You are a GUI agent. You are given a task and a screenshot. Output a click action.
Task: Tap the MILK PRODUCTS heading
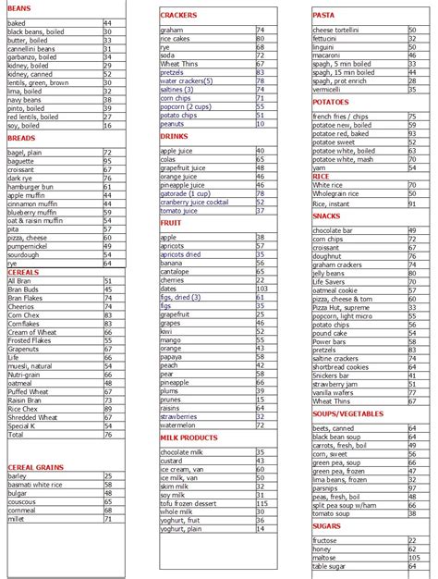pos(189,437)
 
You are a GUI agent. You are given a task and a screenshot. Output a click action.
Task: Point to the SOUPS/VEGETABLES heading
pos(347,413)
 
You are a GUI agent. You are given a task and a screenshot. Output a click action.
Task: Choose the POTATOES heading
pos(331,102)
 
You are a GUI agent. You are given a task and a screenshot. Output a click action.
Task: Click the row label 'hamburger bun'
pos(30,188)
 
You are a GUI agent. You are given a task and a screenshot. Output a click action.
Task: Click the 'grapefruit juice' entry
pos(183,167)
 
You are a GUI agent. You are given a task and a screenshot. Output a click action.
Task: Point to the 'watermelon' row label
pos(180,425)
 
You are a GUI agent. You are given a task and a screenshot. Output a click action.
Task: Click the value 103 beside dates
pos(262,289)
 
